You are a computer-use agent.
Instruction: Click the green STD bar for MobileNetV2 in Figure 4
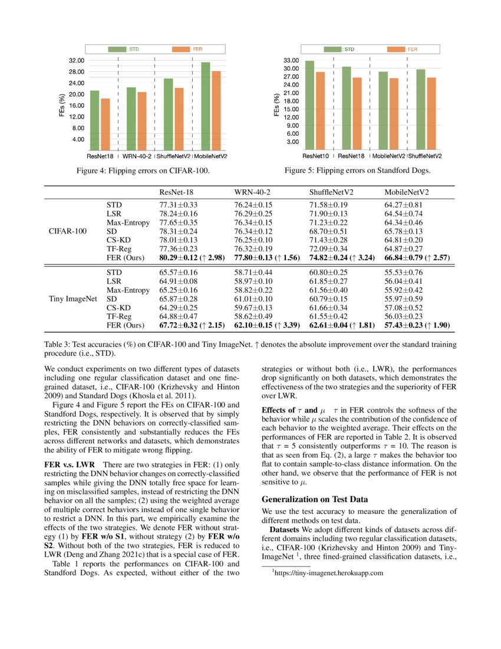(205, 106)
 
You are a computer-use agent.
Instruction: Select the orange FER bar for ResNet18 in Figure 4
(106, 124)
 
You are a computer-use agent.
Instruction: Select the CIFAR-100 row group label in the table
(68, 231)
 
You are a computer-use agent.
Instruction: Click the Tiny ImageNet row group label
(72, 299)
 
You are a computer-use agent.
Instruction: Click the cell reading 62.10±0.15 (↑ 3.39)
(268, 325)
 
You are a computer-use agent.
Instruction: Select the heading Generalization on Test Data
(315, 499)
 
